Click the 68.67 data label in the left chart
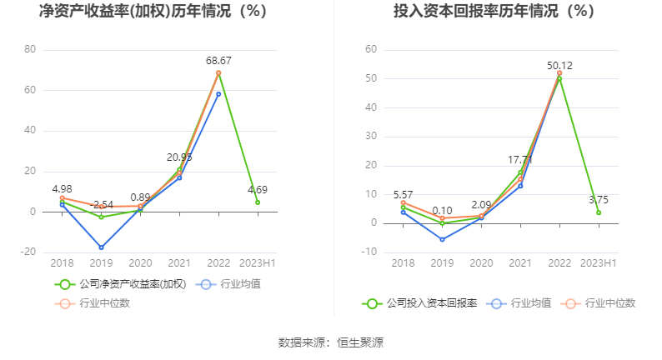point(218,61)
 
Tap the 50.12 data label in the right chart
point(559,66)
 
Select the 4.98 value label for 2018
point(63,189)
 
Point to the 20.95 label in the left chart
point(179,157)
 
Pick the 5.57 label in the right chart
point(403,193)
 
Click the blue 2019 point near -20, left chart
point(101,247)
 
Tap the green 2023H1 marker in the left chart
point(258,202)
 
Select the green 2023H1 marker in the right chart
point(599,212)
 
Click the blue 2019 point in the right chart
point(442,239)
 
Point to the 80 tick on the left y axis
point(31,49)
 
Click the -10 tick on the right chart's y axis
point(371,252)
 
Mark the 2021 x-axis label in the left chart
point(179,262)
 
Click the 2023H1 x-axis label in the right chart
point(599,262)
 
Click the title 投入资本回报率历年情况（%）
point(494,12)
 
